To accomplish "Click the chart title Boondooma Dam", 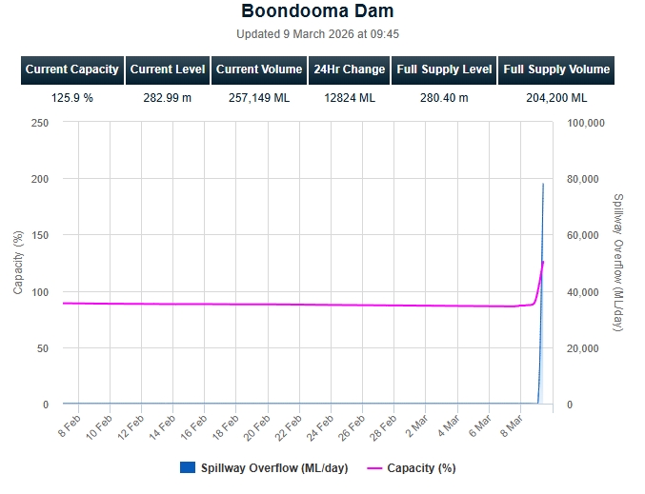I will [317, 12].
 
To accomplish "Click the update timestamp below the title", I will [317, 34].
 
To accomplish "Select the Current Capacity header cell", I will [72, 69].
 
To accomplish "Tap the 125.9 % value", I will [72, 97].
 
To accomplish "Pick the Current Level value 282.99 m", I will [167, 97].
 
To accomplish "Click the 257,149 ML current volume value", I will [259, 97].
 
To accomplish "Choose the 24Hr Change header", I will [350, 69].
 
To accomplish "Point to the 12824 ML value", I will [350, 97].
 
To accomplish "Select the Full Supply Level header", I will [444, 69].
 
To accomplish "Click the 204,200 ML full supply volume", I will [556, 97].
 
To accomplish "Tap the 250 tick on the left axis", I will [40, 123].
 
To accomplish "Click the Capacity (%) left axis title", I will [19, 263].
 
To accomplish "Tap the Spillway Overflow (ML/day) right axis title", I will [619, 263].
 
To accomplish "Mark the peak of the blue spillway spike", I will [543, 184].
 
